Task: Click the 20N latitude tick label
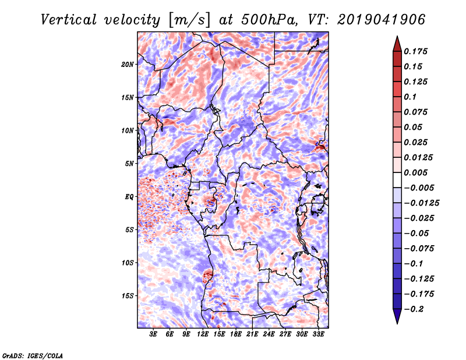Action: (128, 64)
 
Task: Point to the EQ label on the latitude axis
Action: (129, 197)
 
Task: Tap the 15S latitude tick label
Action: (128, 296)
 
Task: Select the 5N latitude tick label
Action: (129, 164)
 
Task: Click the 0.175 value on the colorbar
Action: (417, 51)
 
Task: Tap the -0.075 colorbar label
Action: (419, 248)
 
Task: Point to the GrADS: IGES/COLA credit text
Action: (32, 355)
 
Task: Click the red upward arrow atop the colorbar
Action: (396, 41)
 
